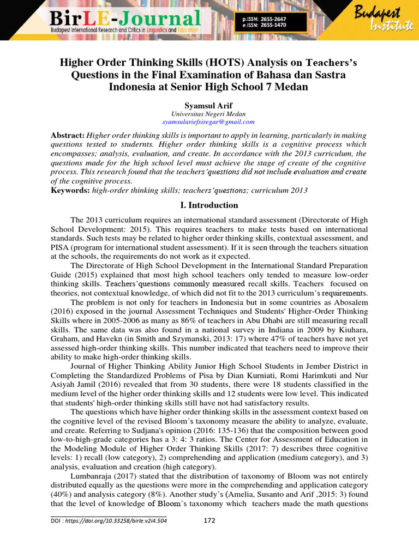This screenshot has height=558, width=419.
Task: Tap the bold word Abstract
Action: pyautogui.click(x=68, y=135)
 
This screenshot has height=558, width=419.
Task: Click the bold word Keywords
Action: pyautogui.click(x=70, y=190)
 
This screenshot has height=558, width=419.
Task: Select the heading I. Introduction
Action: pyautogui.click(x=209, y=205)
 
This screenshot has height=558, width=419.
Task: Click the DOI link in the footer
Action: pyautogui.click(x=109, y=520)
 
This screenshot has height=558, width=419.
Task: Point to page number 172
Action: pyautogui.click(x=209, y=520)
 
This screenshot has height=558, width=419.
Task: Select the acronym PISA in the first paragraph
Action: pyautogui.click(x=59, y=247)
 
